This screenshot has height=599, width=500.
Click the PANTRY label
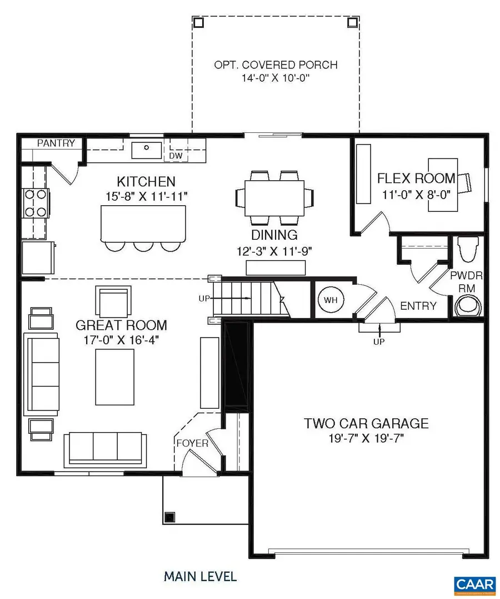point(56,143)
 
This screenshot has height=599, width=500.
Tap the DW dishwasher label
point(176,156)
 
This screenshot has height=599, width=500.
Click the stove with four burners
point(34,204)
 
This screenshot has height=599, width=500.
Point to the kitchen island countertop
point(142,222)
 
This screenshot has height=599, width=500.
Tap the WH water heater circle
point(331,300)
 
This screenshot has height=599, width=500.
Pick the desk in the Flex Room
point(443,183)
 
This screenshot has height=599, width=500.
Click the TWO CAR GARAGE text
point(366,423)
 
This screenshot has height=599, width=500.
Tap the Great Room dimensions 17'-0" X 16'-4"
point(121,340)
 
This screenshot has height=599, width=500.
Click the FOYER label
point(192,443)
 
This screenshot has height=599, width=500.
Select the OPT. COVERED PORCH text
point(276,65)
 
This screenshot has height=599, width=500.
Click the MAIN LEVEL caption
point(200,576)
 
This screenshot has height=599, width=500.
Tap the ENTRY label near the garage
point(418,305)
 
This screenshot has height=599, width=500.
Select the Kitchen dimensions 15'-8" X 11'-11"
point(146,196)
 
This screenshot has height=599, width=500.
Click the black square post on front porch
point(169,516)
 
